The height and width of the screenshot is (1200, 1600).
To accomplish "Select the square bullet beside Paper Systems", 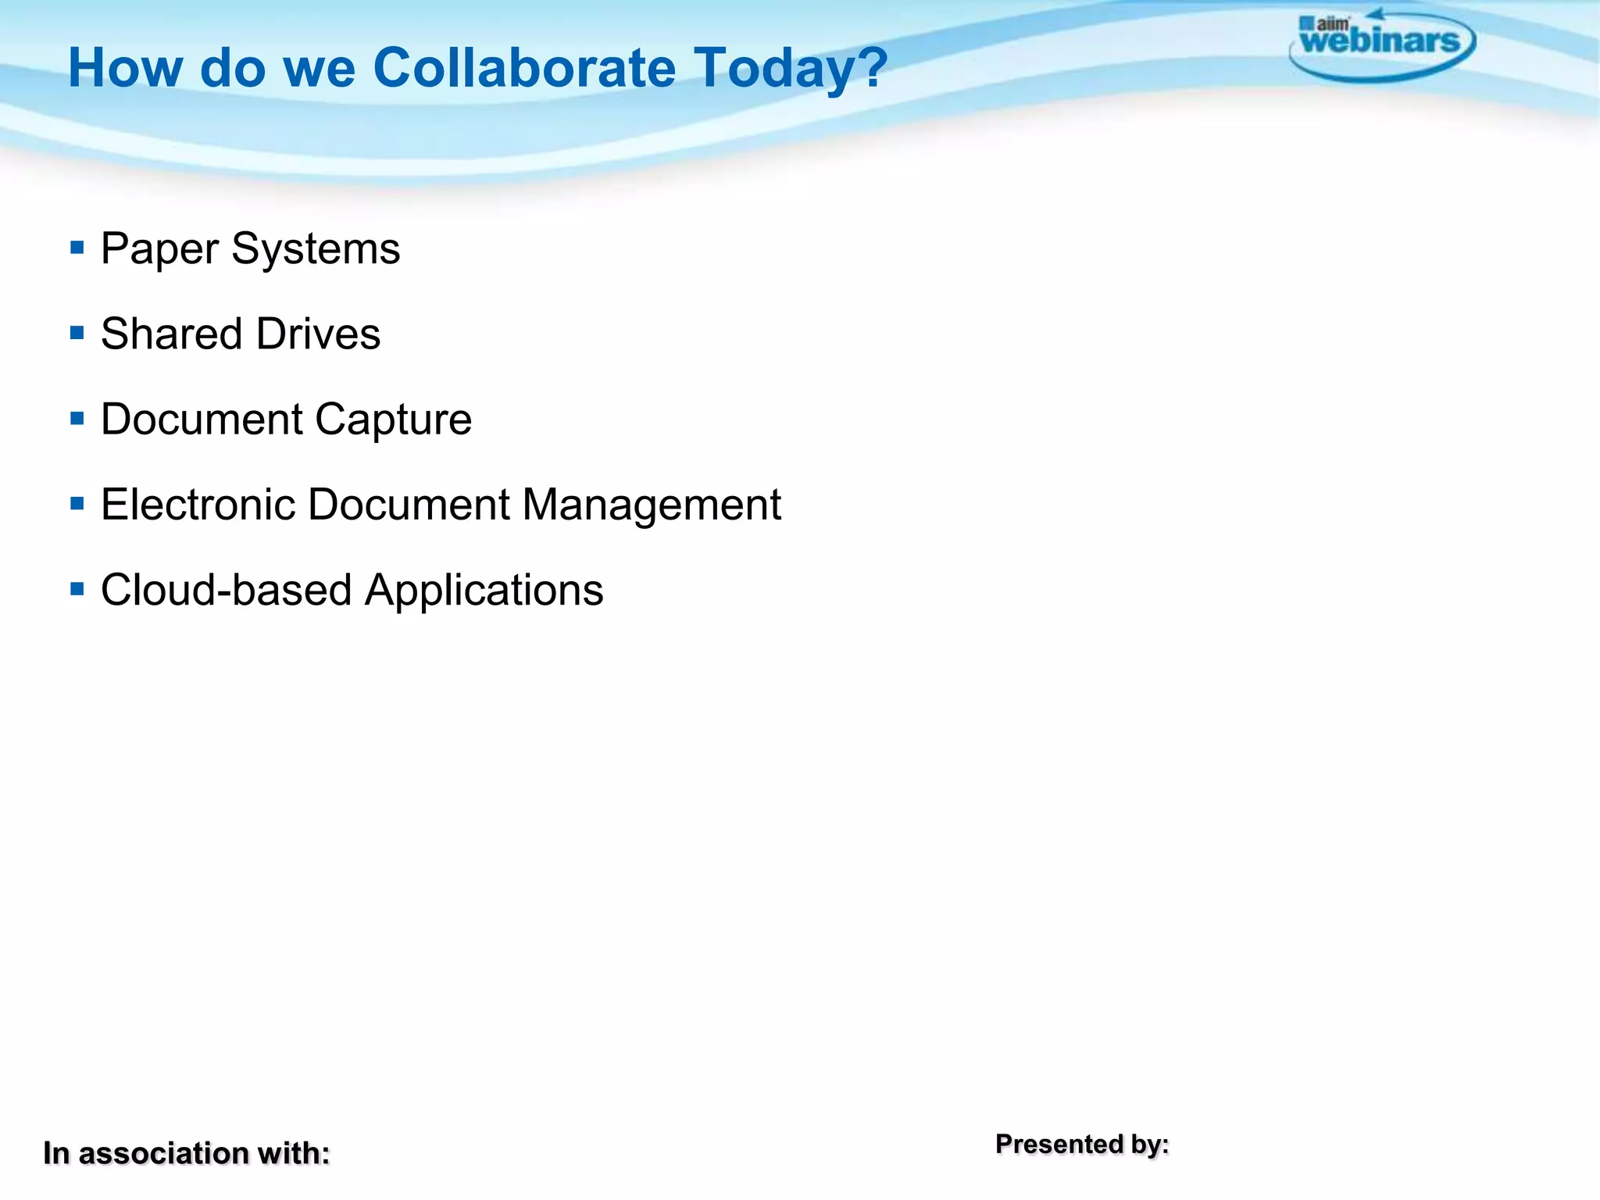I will (77, 248).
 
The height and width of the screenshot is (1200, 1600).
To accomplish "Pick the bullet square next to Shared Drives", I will (77, 334).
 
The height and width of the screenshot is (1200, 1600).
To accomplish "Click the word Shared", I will (171, 334).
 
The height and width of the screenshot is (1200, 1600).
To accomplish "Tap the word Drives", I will (318, 334).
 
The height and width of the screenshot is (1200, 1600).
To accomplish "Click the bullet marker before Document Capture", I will (77, 419).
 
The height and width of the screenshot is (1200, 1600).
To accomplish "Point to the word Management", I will (652, 505).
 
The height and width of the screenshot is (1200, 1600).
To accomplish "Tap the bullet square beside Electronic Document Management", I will (77, 504).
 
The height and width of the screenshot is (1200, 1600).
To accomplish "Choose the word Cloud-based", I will (226, 589).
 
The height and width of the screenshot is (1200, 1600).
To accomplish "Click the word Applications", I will (484, 591).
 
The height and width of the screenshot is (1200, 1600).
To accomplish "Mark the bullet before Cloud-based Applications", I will (77, 589).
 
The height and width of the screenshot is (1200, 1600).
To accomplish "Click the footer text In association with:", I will (186, 1153).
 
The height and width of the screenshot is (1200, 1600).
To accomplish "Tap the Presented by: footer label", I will (1082, 1144).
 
